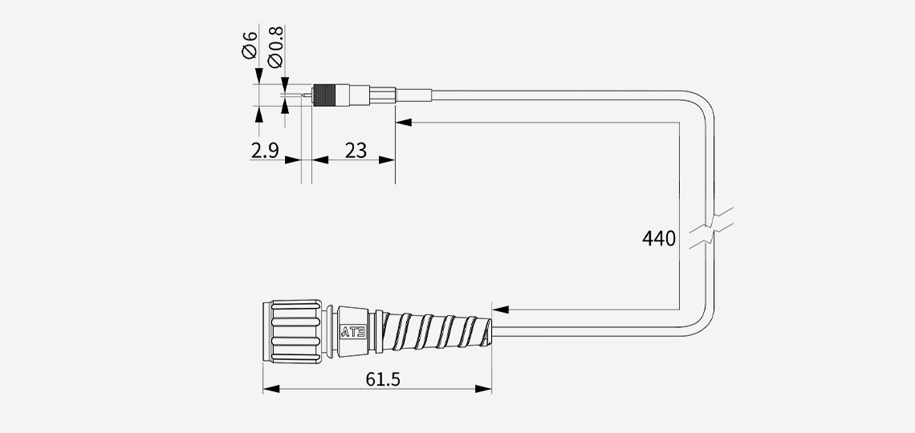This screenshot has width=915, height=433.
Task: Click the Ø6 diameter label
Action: pos(249,44)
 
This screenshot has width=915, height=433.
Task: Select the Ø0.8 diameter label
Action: pos(275,47)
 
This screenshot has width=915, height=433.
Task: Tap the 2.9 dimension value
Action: pos(265,151)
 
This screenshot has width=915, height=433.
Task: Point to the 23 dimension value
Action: pos(356,151)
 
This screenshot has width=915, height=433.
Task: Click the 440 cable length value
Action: pos(659,238)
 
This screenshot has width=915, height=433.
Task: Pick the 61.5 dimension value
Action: pos(383,379)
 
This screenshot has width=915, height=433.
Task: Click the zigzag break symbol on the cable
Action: pos(711,228)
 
